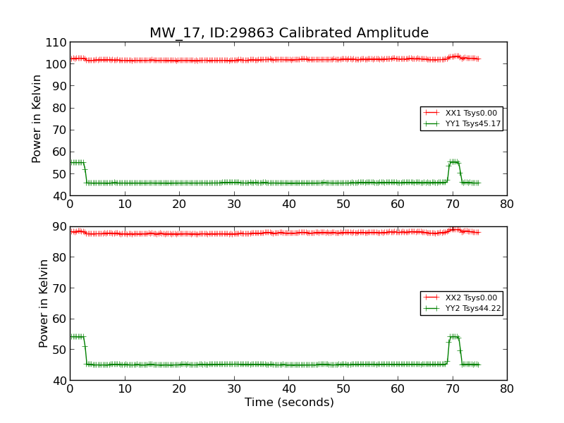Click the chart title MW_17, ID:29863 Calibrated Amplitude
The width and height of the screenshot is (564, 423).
pyautogui.click(x=288, y=33)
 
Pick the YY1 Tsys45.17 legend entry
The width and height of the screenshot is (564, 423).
pyautogui.click(x=472, y=123)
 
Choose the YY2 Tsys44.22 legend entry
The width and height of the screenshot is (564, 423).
pyautogui.click(x=472, y=308)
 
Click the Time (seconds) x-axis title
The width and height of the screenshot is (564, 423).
pyautogui.click(x=289, y=403)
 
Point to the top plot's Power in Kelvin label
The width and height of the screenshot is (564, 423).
pyautogui.click(x=37, y=118)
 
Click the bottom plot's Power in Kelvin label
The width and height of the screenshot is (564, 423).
pyautogui.click(x=44, y=303)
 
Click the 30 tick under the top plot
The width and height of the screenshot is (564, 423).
pyautogui.click(x=234, y=204)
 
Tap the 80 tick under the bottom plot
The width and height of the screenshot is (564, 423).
pyautogui.click(x=506, y=388)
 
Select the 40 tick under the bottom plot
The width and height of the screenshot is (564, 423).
pyautogui.click(x=288, y=388)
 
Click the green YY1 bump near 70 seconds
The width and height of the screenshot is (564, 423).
pyautogui.click(x=454, y=162)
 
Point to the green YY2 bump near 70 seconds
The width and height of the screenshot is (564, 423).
pyautogui.click(x=454, y=337)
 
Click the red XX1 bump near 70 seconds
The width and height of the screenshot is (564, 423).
pyautogui.click(x=454, y=56)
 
